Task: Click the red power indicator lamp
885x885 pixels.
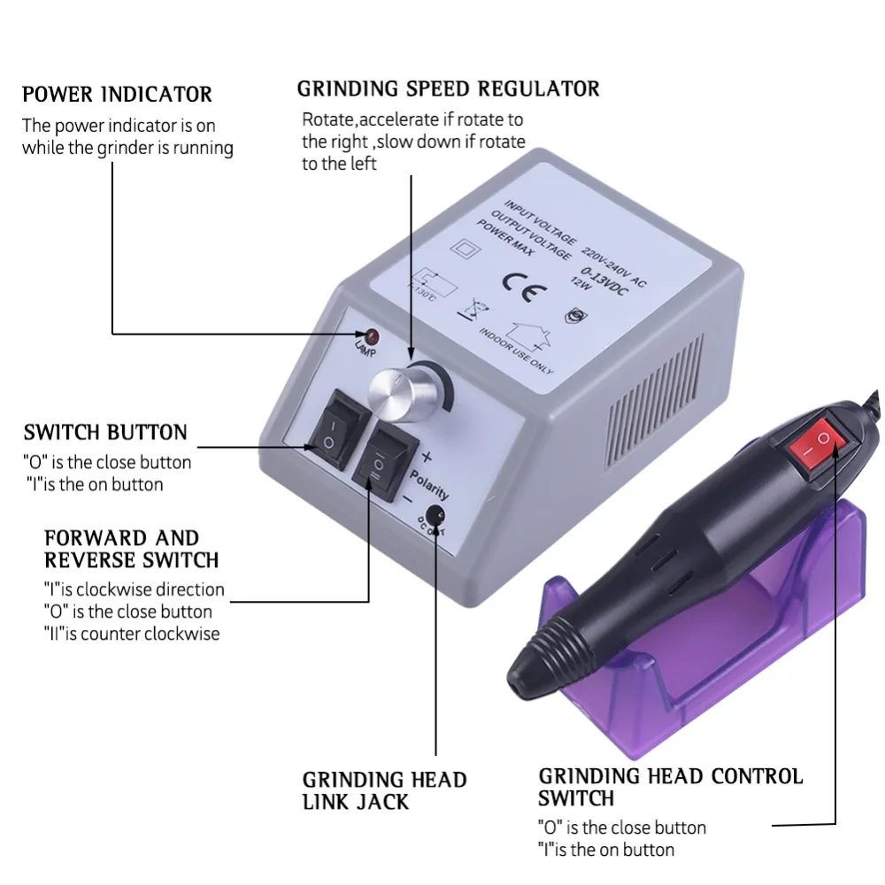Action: click(x=372, y=336)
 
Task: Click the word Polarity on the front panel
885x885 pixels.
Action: click(x=428, y=481)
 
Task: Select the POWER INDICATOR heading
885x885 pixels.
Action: click(x=117, y=94)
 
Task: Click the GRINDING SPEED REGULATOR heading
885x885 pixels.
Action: click(x=448, y=88)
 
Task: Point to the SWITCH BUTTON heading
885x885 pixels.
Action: click(x=105, y=433)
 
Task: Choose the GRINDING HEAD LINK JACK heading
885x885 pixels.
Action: click(x=383, y=790)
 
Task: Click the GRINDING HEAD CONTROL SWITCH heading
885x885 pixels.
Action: click(x=670, y=787)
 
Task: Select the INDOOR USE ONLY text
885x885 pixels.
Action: click(x=516, y=350)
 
